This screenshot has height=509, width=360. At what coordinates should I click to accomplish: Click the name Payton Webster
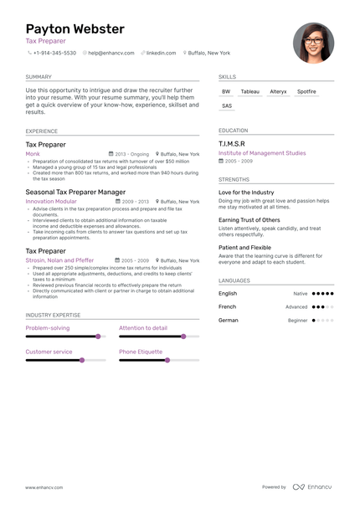(75, 29)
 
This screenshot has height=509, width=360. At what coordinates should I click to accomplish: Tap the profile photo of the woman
(313, 43)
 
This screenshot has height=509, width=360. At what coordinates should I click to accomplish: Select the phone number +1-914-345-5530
(54, 53)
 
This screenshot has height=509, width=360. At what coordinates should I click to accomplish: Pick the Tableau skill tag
(249, 91)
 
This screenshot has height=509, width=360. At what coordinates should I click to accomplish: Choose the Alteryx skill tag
(278, 91)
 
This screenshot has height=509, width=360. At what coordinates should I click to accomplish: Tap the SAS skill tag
(227, 106)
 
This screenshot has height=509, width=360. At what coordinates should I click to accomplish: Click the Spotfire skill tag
(306, 91)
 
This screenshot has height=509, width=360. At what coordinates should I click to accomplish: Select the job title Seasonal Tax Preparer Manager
(75, 193)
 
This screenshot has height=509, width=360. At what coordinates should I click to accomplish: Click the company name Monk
(33, 154)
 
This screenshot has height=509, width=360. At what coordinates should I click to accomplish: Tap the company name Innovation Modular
(51, 202)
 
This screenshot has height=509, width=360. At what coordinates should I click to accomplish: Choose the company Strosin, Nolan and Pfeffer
(59, 260)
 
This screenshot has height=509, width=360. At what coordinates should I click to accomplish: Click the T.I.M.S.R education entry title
(232, 144)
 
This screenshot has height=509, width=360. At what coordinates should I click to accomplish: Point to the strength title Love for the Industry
(246, 193)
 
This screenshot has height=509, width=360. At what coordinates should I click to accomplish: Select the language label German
(229, 320)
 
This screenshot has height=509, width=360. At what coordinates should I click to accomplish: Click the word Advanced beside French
(296, 307)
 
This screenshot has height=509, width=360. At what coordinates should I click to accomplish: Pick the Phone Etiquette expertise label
(141, 352)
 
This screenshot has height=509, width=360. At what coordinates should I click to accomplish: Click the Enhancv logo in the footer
(311, 486)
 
